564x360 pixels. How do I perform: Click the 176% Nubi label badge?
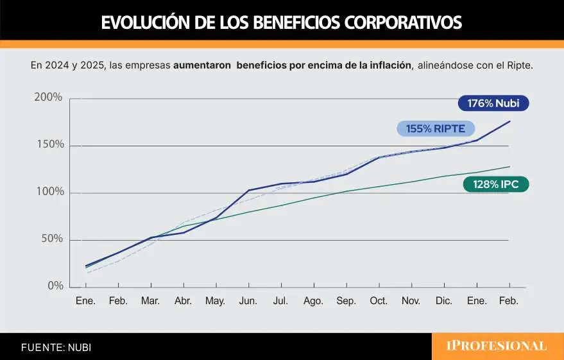[x=493, y=104]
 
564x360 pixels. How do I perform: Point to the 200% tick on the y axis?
[x=48, y=98]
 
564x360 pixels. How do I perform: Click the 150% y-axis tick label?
[x=49, y=144]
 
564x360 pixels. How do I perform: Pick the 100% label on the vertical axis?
[x=49, y=192]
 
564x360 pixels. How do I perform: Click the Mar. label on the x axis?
[x=150, y=300]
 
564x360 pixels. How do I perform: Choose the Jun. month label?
[x=248, y=300]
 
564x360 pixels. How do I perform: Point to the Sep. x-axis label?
[x=346, y=300]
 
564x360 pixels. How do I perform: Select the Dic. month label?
[x=444, y=300]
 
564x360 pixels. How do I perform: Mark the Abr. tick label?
[x=183, y=300]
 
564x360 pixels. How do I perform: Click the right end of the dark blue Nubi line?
[x=509, y=121]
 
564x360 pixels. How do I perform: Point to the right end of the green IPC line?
[x=509, y=167]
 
